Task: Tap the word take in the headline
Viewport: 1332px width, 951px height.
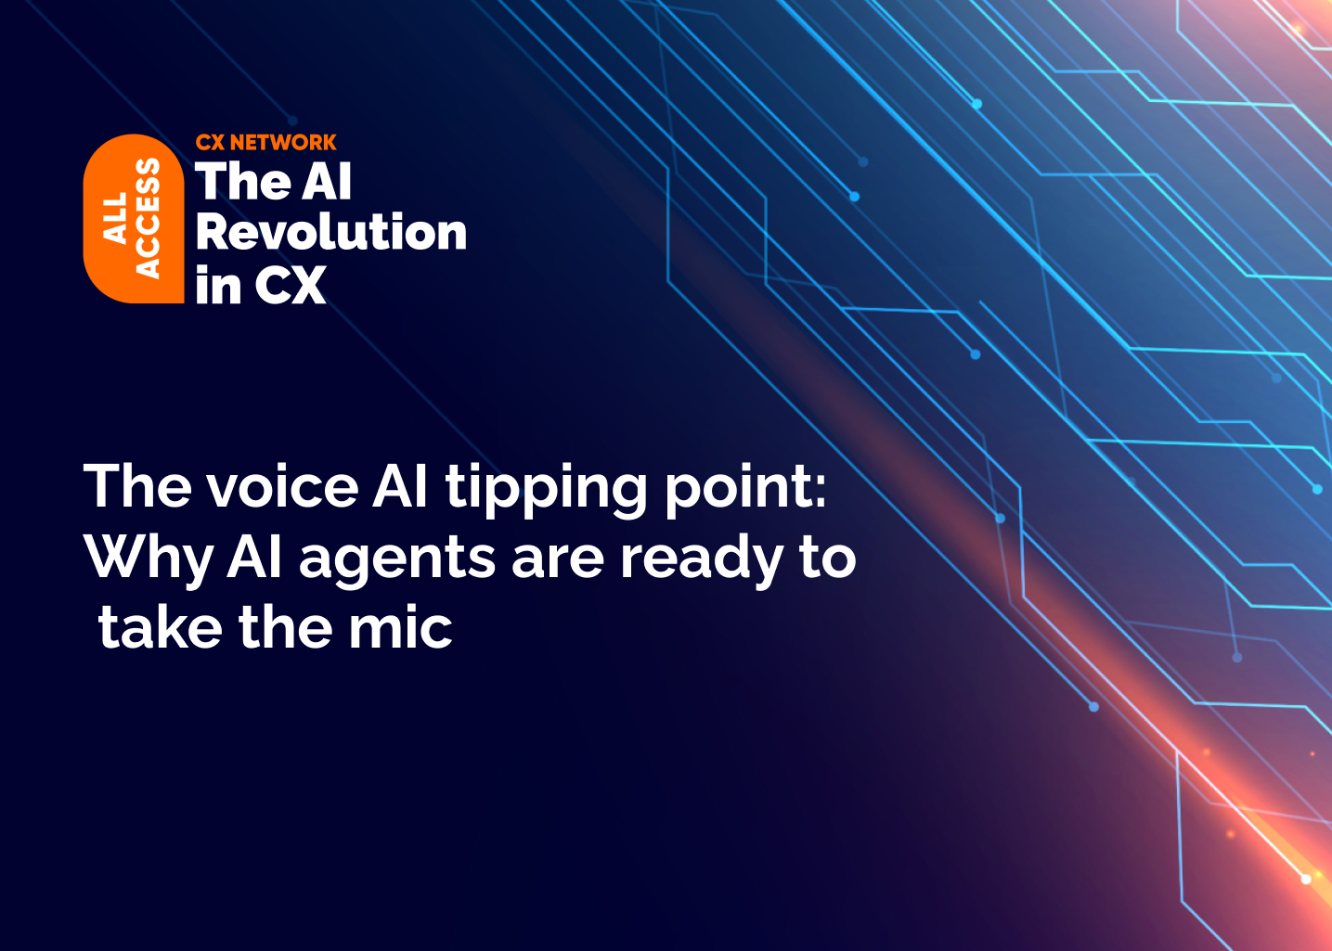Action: coord(160,628)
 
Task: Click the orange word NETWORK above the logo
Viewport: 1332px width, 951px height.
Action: coord(283,143)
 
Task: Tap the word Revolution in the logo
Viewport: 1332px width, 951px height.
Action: coord(330,232)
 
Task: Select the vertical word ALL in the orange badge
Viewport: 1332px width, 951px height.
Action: coord(115,219)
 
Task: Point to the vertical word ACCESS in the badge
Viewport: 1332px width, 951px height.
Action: coord(148,219)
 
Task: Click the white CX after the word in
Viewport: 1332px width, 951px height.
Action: coord(290,286)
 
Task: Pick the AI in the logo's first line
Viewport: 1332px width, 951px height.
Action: coord(327,182)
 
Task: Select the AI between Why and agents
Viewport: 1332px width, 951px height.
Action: coord(255,559)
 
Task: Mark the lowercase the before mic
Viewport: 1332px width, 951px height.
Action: coord(286,628)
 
